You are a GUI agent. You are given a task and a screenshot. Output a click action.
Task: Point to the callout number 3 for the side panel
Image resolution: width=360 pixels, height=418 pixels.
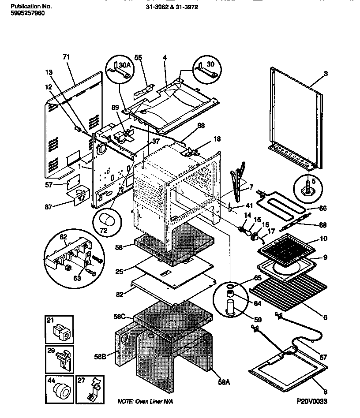326,74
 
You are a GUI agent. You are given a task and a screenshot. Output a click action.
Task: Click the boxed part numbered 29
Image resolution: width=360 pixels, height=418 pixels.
59,358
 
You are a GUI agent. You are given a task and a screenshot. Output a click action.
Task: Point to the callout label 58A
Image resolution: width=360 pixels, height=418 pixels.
224,382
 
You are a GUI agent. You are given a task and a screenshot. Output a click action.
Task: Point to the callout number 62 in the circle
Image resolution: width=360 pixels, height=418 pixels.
63,237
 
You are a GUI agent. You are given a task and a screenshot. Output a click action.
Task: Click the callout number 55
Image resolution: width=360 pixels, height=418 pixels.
138,58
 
